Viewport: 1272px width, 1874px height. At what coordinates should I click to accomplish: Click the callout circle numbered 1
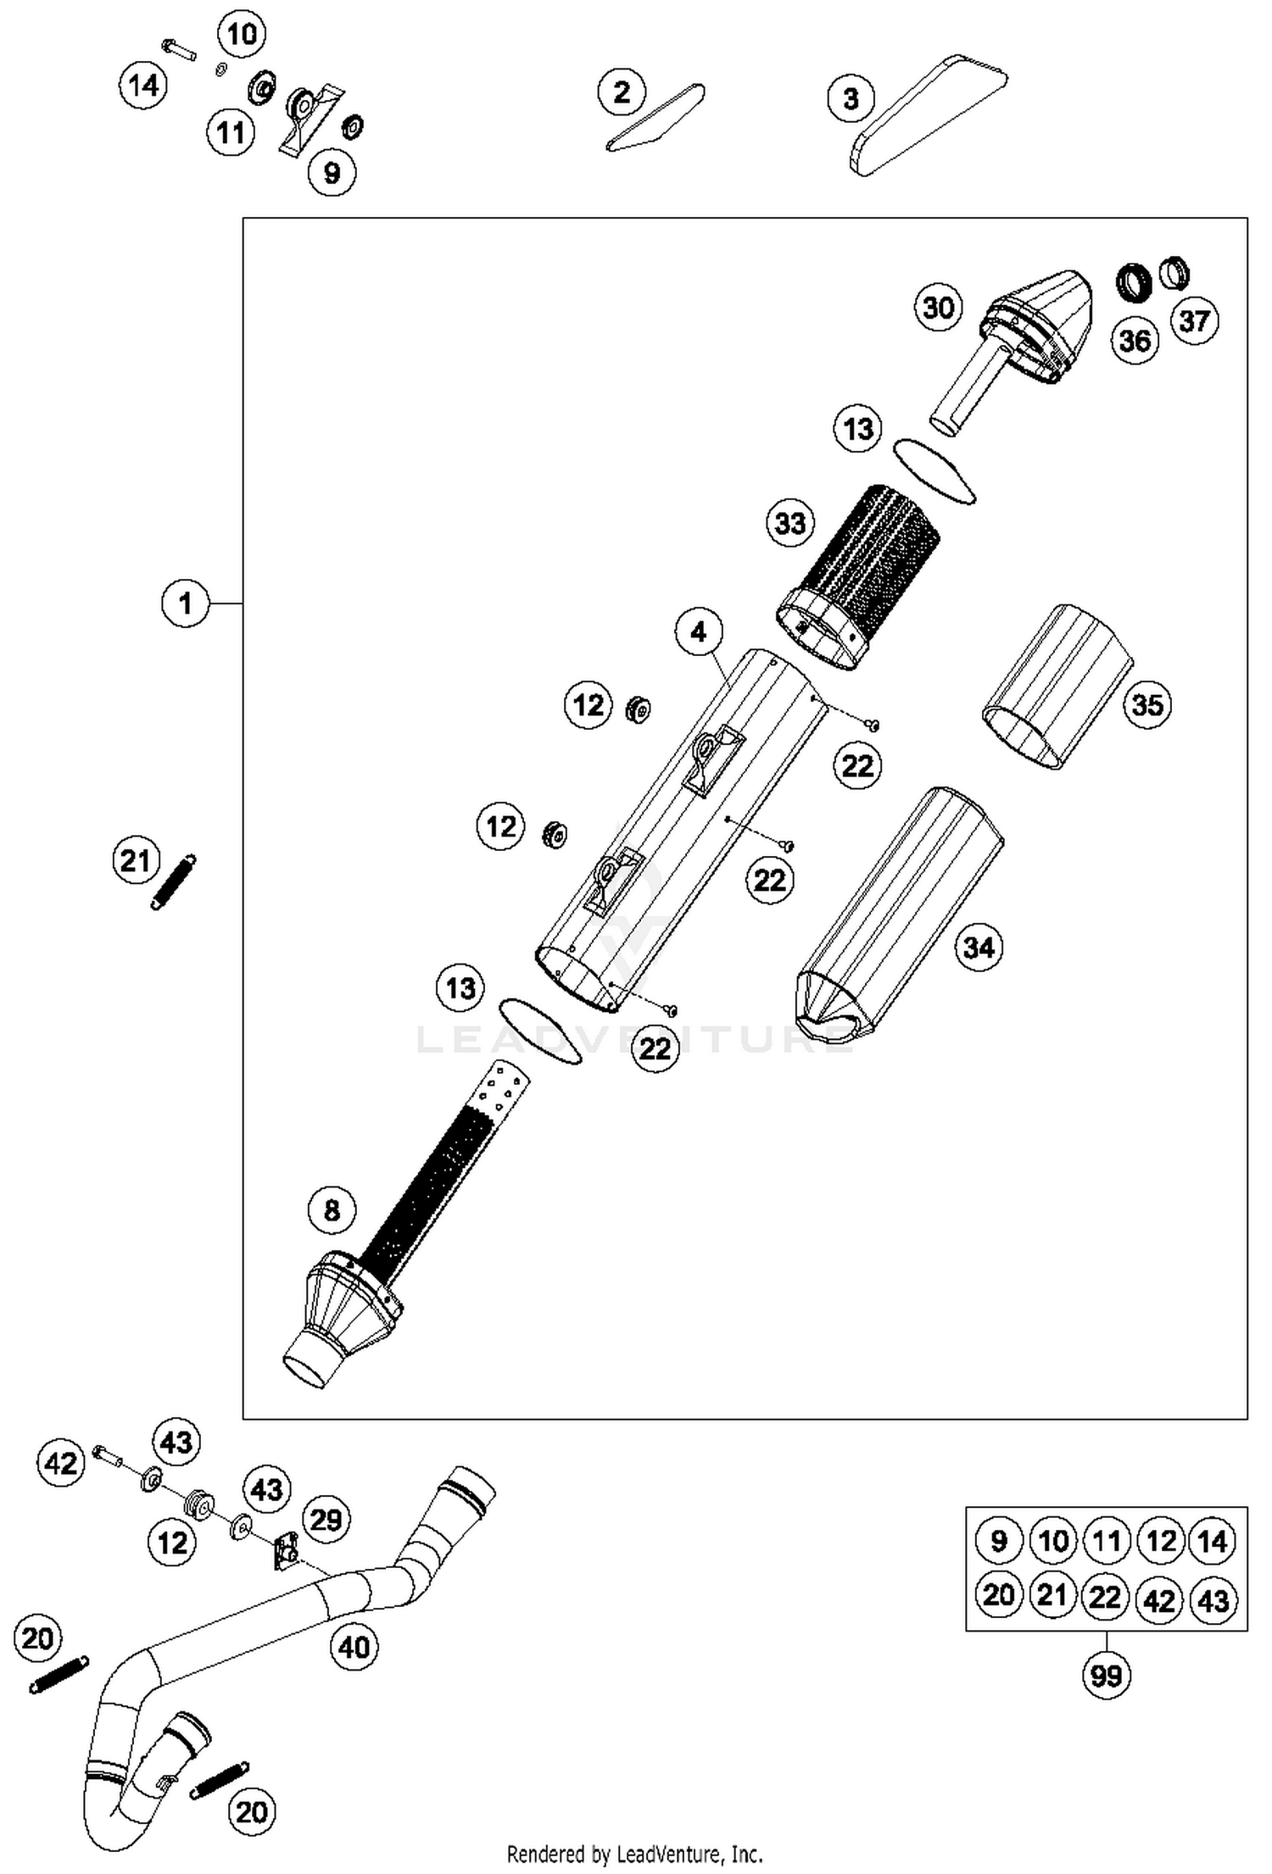[185, 603]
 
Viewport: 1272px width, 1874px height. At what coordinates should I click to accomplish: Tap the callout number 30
[938, 307]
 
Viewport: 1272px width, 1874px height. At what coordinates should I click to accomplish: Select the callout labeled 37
[1194, 320]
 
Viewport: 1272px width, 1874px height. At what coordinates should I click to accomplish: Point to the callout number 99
[1106, 1675]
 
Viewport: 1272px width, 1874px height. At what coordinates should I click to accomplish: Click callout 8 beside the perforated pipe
[332, 1209]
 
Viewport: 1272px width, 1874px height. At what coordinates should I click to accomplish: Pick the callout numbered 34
[978, 947]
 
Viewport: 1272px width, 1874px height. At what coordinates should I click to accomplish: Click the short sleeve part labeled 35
[1056, 687]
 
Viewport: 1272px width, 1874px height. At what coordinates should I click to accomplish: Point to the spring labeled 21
[173, 881]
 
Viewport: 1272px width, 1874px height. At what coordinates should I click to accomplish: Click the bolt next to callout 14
[176, 49]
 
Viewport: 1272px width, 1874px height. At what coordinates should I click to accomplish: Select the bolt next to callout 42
[107, 1456]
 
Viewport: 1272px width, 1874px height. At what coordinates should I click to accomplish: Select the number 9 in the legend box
[998, 1539]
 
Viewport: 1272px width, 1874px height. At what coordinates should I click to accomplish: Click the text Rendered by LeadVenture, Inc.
[634, 1853]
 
